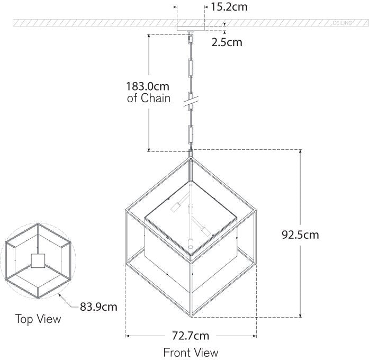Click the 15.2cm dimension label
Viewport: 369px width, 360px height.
click(x=229, y=7)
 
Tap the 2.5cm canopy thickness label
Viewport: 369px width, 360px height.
click(x=227, y=42)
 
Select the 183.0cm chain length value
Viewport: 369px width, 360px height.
click(x=148, y=86)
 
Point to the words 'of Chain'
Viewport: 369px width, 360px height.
click(x=149, y=98)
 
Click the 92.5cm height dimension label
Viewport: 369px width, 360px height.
click(x=300, y=235)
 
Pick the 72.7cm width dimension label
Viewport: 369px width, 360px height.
click(x=190, y=336)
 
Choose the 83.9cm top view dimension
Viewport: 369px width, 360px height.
click(x=98, y=307)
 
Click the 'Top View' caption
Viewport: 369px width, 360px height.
click(x=38, y=319)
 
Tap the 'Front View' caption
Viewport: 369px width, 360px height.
click(x=191, y=352)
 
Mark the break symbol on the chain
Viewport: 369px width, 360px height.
click(x=191, y=101)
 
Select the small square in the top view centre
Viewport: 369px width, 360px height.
click(x=38, y=260)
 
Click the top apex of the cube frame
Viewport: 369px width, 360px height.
click(x=191, y=157)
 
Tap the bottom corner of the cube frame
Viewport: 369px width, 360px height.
click(x=191, y=317)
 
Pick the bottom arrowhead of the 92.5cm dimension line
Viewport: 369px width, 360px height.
click(x=301, y=316)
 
